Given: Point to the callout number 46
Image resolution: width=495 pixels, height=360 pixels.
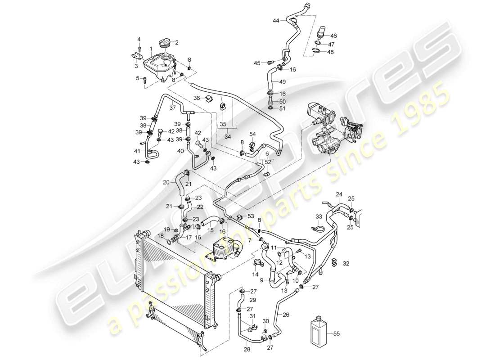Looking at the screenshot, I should click(x=333, y=36).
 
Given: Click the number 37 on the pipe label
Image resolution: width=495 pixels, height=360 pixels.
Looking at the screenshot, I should click(x=172, y=108).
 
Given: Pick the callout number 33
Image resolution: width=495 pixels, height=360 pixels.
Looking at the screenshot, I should click(x=319, y=216).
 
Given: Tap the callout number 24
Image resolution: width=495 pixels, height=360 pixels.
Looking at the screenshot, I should click(x=339, y=195).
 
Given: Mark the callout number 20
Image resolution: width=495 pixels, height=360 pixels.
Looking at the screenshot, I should click(x=166, y=182).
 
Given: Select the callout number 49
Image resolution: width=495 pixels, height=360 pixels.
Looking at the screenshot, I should click(x=282, y=82).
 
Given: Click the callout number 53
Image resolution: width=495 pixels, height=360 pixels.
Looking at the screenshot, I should click(x=251, y=216).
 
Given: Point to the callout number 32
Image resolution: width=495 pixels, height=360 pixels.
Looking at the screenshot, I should click(x=346, y=263).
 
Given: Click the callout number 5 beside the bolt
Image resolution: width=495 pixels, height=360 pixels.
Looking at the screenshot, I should click(x=139, y=78).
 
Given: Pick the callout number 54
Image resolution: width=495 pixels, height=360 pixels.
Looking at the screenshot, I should click(x=252, y=134).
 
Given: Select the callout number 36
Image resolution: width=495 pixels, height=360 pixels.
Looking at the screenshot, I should click(x=197, y=98).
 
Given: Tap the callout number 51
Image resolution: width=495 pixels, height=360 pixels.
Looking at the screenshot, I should click(x=282, y=108).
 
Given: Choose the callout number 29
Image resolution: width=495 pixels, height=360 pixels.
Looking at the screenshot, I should click(x=253, y=300).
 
